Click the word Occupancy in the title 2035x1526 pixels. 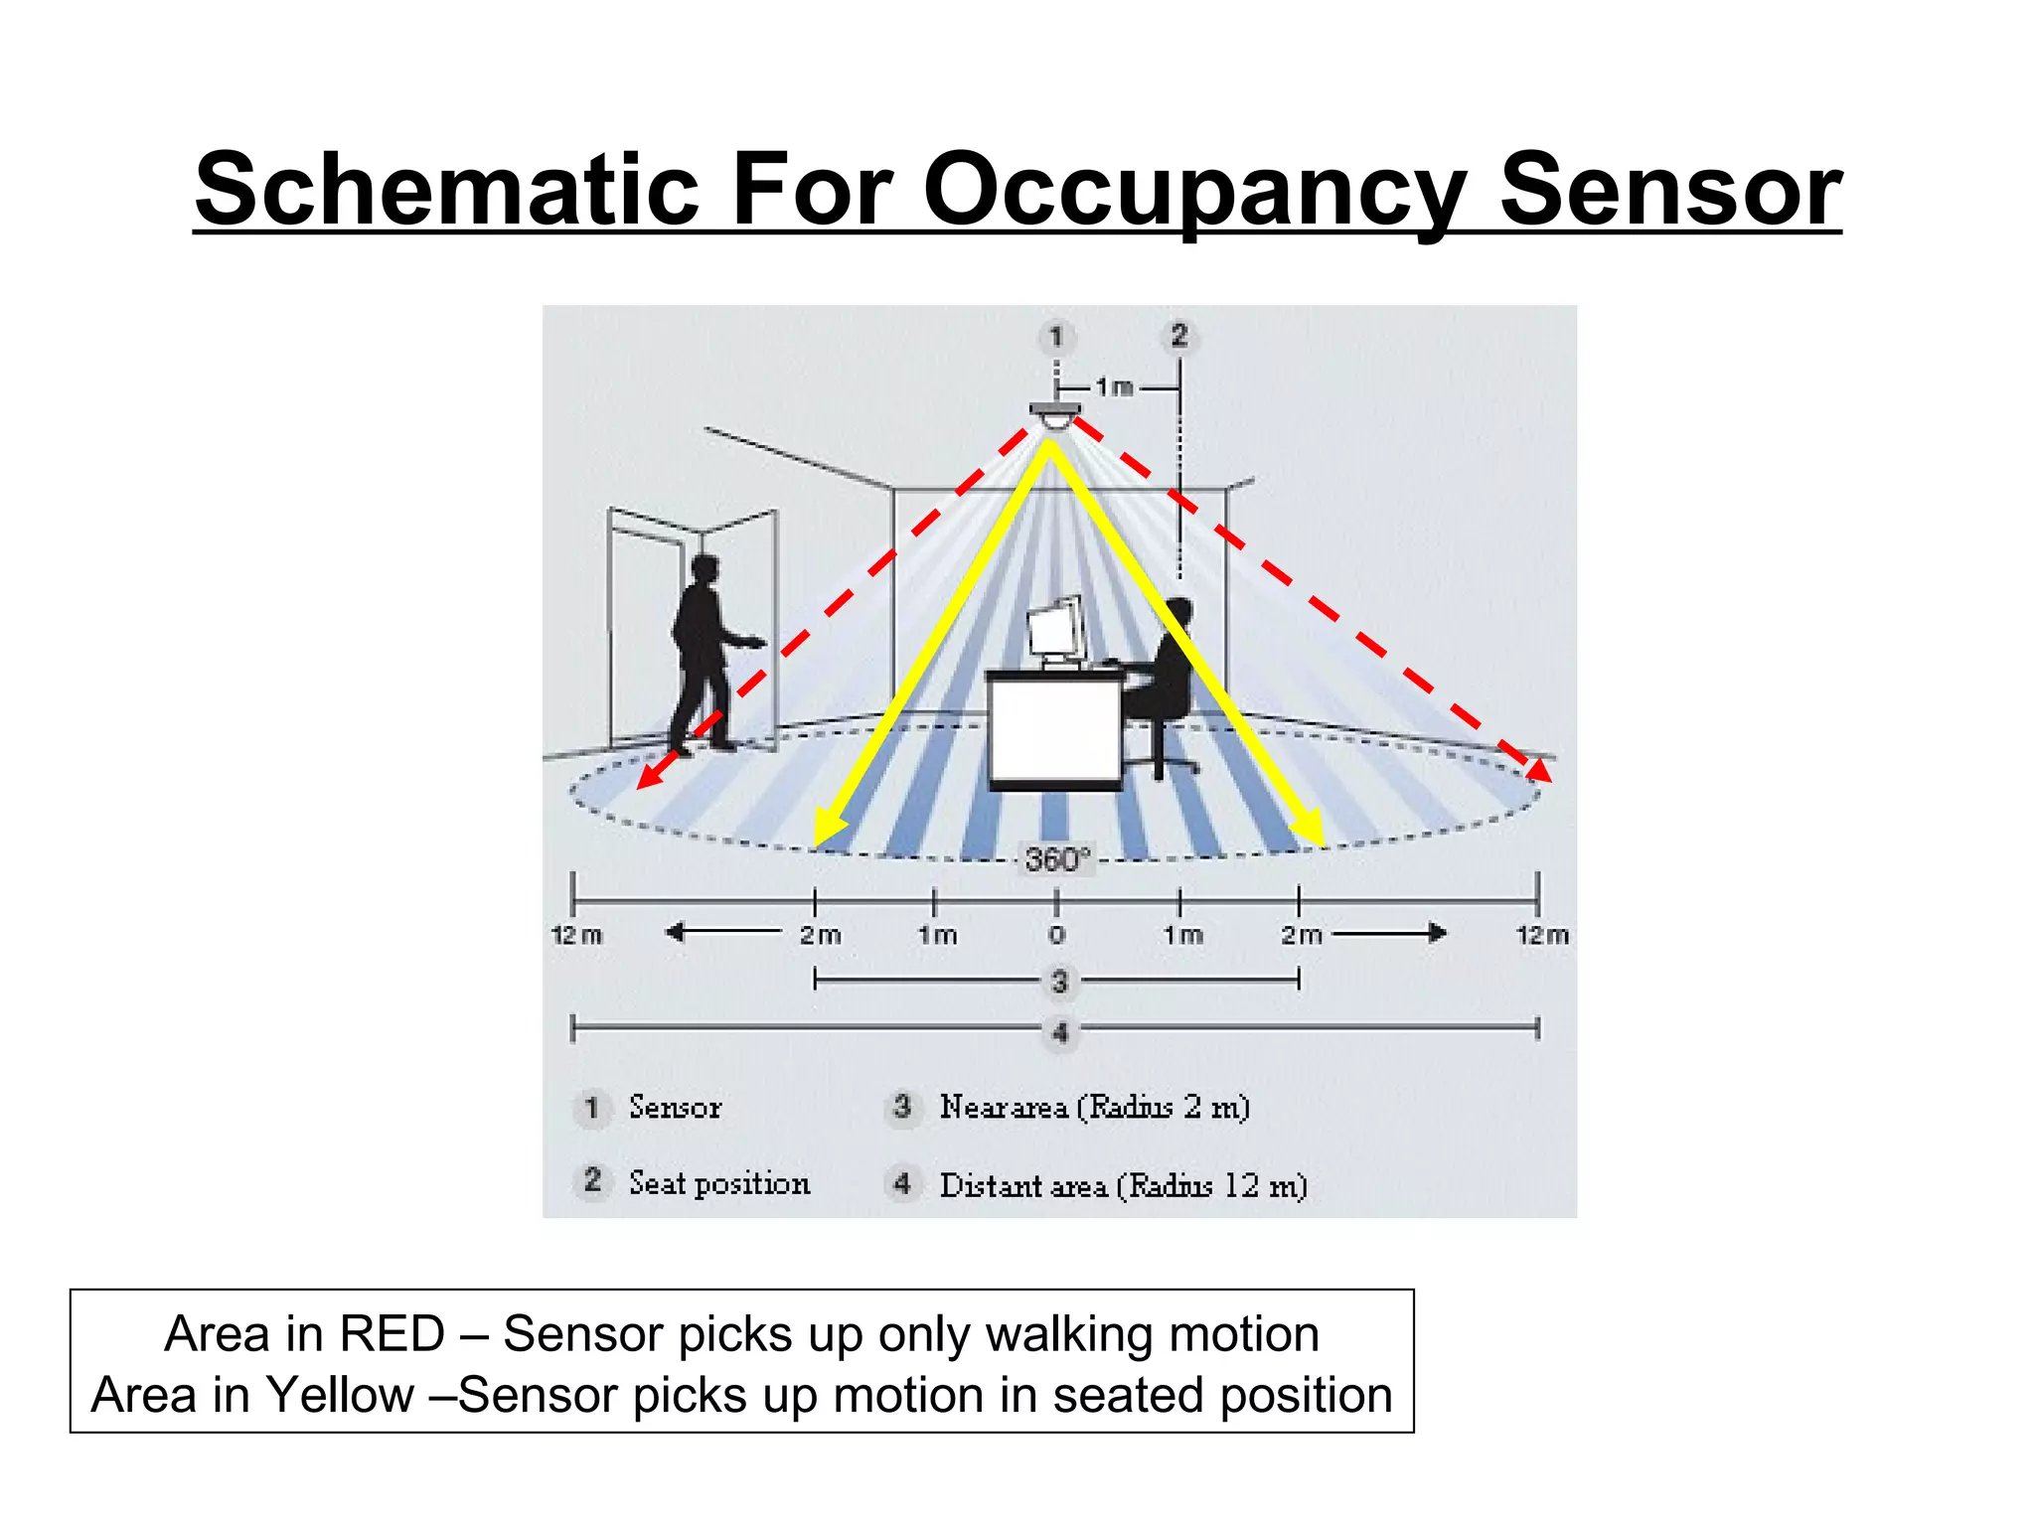(1193, 191)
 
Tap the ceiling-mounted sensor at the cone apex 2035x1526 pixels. (1054, 415)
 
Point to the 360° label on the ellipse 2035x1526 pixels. (1057, 858)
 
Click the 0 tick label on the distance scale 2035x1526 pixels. (1056, 935)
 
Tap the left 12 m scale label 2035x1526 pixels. (576, 935)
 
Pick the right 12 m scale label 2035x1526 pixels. (1542, 935)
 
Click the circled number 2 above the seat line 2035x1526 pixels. (1179, 336)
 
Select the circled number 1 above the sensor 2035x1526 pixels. (1056, 337)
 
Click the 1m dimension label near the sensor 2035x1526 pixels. (1114, 386)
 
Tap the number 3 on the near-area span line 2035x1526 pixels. (1059, 982)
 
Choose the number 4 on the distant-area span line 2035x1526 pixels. (1060, 1032)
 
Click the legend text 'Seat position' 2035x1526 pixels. (719, 1183)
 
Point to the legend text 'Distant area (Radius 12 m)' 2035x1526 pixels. (1123, 1185)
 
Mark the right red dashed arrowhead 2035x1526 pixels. (1538, 770)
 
